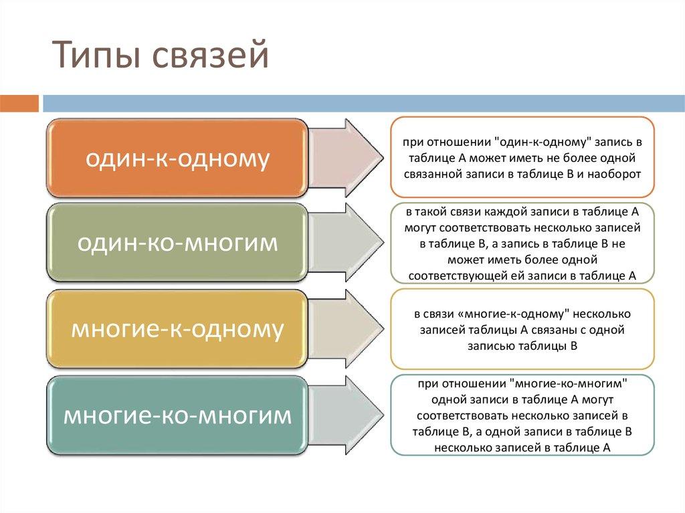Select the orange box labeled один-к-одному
(x=178, y=159)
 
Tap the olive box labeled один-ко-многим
(x=178, y=243)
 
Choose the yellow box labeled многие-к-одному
(x=178, y=329)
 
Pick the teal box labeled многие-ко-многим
(x=178, y=415)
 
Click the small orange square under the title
(x=19, y=104)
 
